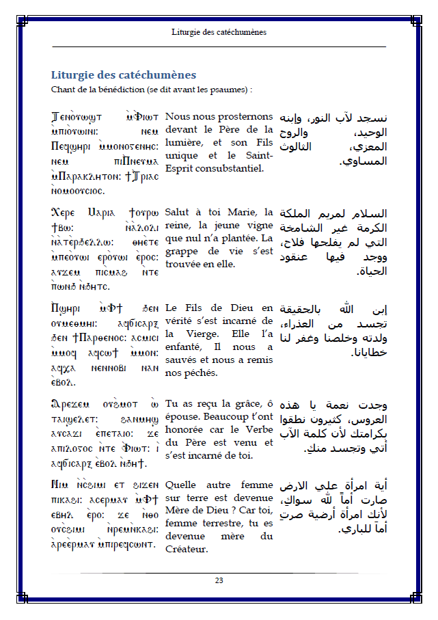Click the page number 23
pos(219,580)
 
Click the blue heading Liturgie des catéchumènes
pos(124,75)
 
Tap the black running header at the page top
pos(219,32)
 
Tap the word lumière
pos(183,142)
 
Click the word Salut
pos(179,212)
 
